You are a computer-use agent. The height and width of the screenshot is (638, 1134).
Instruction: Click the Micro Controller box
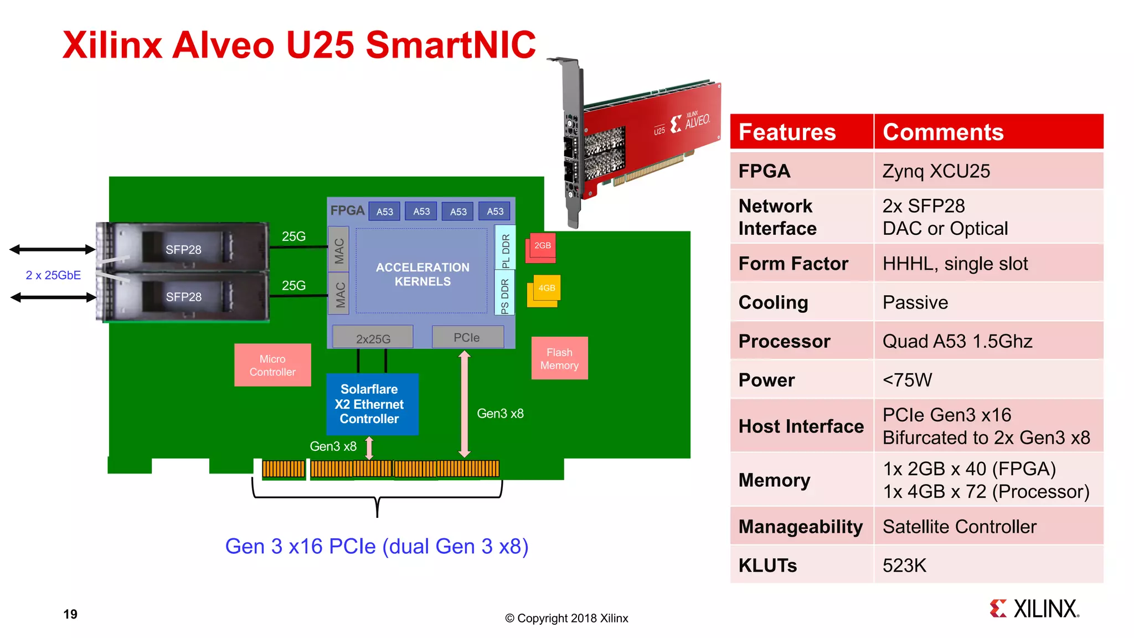click(x=272, y=365)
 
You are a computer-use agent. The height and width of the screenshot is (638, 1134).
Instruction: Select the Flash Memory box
click(x=559, y=358)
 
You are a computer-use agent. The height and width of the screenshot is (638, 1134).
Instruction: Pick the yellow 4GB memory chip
click(x=546, y=289)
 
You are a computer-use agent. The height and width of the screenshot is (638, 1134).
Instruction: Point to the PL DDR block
click(x=505, y=248)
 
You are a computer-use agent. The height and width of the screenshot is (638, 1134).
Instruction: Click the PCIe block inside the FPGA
click(x=467, y=337)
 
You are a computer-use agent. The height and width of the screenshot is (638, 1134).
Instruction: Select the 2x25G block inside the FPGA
click(x=373, y=338)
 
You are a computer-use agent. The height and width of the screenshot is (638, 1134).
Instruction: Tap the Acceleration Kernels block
click(x=422, y=274)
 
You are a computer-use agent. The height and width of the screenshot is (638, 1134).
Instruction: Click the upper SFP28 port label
click(x=183, y=250)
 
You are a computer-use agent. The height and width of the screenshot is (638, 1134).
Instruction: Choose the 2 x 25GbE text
click(x=53, y=275)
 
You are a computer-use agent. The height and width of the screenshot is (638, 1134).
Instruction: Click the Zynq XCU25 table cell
click(x=936, y=171)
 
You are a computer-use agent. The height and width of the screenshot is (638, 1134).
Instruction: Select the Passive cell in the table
click(x=915, y=302)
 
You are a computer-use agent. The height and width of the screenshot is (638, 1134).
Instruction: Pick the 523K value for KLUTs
click(x=904, y=565)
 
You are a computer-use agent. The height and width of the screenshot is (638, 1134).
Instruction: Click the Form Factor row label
click(x=793, y=264)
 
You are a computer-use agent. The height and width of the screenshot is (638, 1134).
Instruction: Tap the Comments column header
click(x=942, y=132)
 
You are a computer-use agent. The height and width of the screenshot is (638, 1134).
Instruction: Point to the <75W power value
click(x=907, y=380)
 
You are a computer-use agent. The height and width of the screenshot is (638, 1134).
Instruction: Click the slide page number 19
click(x=70, y=614)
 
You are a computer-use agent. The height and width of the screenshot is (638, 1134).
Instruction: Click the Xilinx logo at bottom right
click(x=1034, y=609)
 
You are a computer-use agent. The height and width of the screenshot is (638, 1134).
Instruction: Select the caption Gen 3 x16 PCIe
click(x=377, y=547)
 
